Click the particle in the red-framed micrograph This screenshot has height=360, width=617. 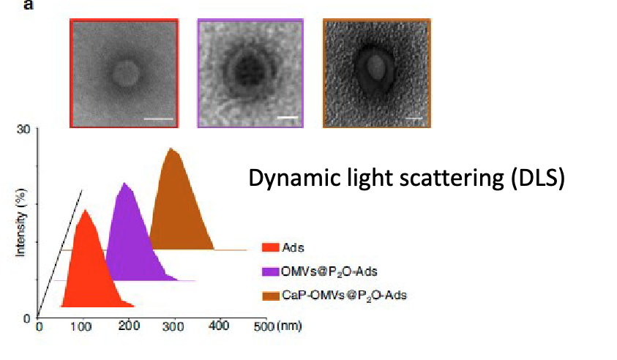tap(125, 72)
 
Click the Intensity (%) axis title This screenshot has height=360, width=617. tap(21, 223)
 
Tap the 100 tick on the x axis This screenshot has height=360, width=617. tap(82, 326)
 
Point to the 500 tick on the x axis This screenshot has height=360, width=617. tap(261, 326)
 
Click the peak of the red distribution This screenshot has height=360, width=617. tap(86, 211)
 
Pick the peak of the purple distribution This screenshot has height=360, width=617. tap(127, 184)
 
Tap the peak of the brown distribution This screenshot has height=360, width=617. tap(171, 149)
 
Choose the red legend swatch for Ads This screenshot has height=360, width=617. tap(270, 248)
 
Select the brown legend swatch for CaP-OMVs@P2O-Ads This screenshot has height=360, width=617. tap(270, 295)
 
